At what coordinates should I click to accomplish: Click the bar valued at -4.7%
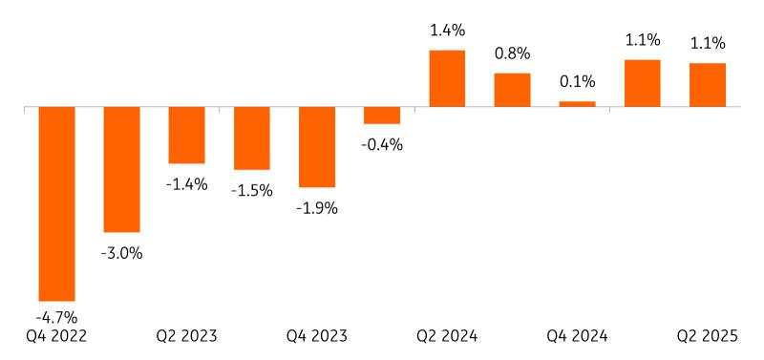point(56,203)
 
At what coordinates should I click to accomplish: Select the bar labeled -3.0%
point(121,169)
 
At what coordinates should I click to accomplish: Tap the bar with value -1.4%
point(186,135)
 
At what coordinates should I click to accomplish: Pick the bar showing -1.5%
point(252,138)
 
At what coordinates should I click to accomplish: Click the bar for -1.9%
point(317,146)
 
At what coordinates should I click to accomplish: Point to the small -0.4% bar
point(382,115)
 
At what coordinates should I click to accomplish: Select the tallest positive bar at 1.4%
point(447,78)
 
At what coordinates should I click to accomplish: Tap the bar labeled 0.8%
point(512,90)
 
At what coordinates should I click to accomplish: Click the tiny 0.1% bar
point(577,104)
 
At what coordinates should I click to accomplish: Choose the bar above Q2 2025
point(708,85)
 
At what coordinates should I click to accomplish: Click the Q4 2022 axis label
point(56,336)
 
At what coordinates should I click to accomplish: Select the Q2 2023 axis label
point(186,336)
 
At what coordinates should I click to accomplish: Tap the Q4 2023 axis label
point(317,336)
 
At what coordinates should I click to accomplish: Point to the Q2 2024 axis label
point(447,336)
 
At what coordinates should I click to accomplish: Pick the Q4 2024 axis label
point(577,336)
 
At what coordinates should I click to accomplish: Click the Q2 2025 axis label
point(708,336)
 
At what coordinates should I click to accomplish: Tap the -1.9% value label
point(317,207)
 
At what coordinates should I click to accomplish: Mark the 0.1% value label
point(577,83)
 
